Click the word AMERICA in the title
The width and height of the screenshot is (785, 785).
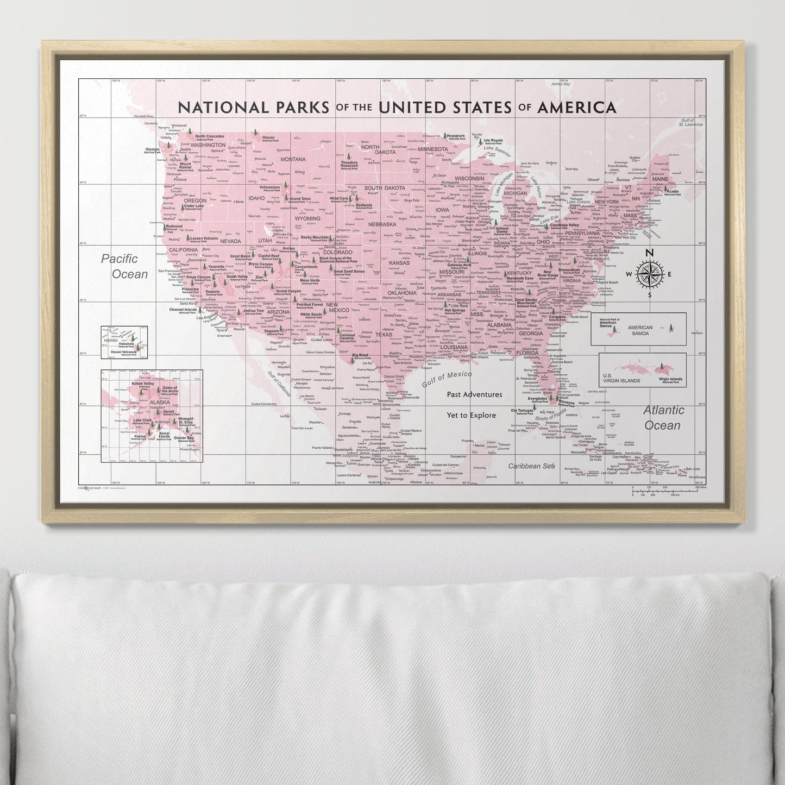click(x=575, y=107)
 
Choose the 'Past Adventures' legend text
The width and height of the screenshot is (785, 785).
click(x=474, y=394)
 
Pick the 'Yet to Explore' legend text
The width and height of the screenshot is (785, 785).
click(x=471, y=415)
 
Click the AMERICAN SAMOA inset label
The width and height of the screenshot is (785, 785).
click(x=640, y=330)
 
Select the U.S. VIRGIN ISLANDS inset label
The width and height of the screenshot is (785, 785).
click(x=621, y=378)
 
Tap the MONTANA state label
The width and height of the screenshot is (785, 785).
click(x=293, y=159)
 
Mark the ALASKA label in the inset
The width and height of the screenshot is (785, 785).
click(x=160, y=403)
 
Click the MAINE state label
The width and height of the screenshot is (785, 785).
click(x=660, y=179)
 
